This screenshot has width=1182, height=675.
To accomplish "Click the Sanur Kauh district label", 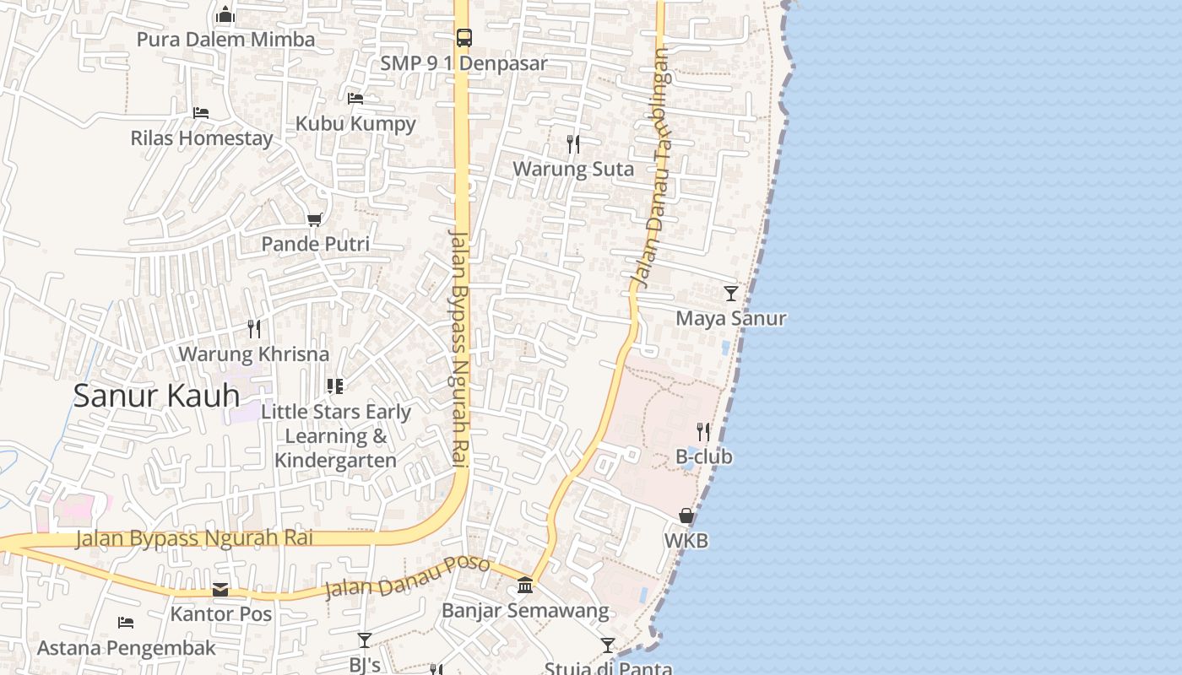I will tap(156, 396).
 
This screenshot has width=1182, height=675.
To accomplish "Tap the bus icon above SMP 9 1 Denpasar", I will tap(464, 37).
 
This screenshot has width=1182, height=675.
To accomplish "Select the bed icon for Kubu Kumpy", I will tap(355, 98).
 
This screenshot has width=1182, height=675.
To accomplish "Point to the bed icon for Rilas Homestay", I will tap(201, 112).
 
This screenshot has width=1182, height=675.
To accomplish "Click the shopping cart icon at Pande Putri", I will tap(315, 219).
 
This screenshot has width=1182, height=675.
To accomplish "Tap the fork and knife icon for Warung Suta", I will tap(573, 143).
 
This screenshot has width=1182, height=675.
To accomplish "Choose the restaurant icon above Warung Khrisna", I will tap(253, 328).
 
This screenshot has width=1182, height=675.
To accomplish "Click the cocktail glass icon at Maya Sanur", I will tap(731, 293).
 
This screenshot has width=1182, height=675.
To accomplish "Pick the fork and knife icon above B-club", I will tap(703, 432).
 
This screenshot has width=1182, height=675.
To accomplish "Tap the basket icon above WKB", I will tap(686, 515).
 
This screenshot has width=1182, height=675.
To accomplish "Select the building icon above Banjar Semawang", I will tap(525, 585).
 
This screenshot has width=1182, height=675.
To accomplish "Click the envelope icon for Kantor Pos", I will tap(220, 589).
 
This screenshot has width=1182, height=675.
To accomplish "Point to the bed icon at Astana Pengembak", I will tap(126, 623).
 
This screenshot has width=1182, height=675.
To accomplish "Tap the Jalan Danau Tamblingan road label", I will tap(653, 169).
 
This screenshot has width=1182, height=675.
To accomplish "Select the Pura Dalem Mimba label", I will tap(225, 40).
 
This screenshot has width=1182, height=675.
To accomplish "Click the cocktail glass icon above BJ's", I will tap(364, 640).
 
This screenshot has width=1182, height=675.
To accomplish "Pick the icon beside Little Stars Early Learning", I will tap(335, 386).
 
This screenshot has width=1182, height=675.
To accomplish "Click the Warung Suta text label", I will tap(573, 169).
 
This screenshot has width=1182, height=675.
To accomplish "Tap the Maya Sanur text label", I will tap(731, 318).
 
